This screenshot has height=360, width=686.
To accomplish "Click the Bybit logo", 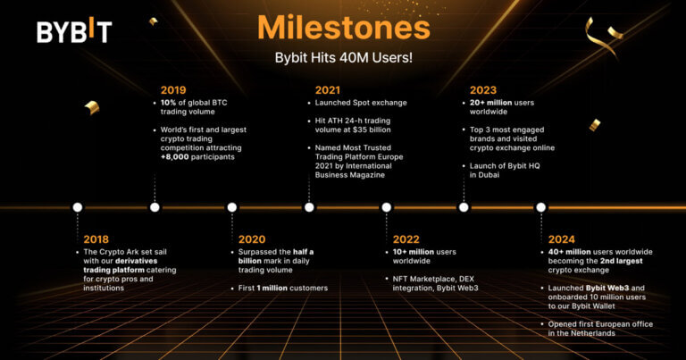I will click(x=74, y=32).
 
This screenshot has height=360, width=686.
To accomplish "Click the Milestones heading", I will click(x=343, y=27).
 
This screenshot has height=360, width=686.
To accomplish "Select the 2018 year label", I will click(x=96, y=239).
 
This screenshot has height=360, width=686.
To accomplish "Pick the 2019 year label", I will click(x=173, y=90).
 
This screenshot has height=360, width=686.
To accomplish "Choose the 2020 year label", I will click(x=251, y=239).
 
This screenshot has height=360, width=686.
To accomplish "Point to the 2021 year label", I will click(x=328, y=90).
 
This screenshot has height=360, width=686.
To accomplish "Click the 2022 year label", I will click(x=406, y=239).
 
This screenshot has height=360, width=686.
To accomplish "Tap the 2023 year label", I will click(x=483, y=90).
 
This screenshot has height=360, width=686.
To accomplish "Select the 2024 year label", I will click(x=561, y=239).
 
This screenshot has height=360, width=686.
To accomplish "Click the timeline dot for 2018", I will click(x=78, y=207).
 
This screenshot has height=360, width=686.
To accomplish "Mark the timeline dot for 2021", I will click(x=309, y=207).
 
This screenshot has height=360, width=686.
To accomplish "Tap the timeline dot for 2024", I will click(x=540, y=207).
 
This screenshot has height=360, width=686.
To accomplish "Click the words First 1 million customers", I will click(x=282, y=288).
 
